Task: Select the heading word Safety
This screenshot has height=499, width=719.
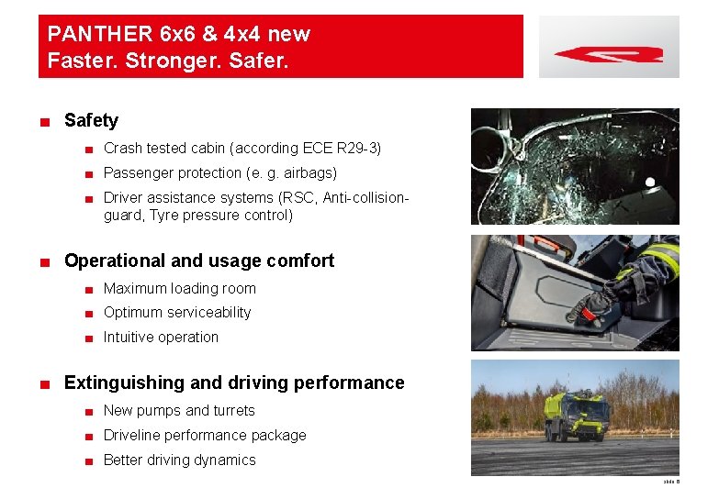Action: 91,120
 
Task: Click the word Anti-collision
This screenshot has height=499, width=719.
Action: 365,197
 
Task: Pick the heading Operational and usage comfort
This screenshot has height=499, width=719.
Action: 199,261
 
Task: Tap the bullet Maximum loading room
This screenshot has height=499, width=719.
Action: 180,288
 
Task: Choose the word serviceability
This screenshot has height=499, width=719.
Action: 208,312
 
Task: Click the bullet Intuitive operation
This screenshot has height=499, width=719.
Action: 161,337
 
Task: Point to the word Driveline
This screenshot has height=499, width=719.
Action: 130,435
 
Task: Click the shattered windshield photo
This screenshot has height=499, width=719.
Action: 575,166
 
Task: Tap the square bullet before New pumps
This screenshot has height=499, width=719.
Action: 86,411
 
